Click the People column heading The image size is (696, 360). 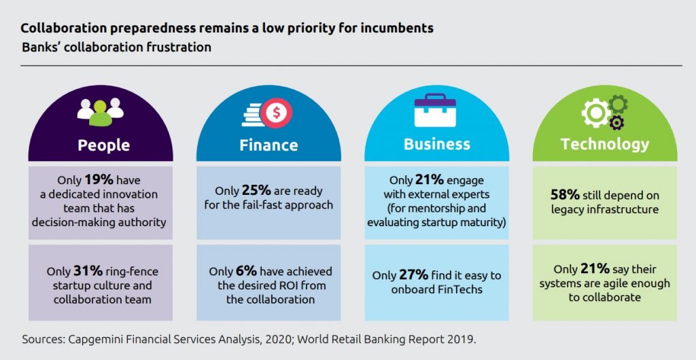(x=103, y=145)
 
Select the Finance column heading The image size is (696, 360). (x=268, y=145)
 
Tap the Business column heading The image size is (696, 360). (x=436, y=144)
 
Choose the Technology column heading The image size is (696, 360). (x=604, y=144)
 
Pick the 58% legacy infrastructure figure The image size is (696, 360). (x=564, y=195)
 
